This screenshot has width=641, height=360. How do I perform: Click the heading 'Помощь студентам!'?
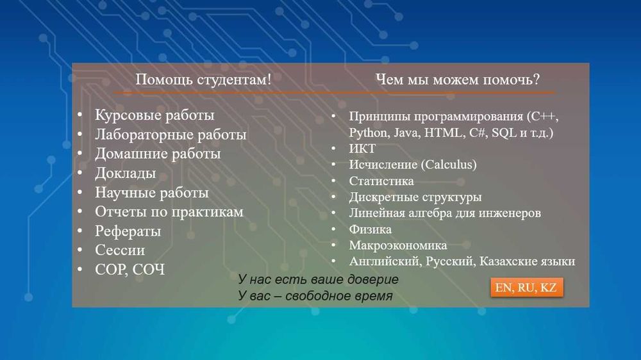tap(203, 80)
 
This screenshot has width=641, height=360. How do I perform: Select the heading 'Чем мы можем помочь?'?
tap(457, 80)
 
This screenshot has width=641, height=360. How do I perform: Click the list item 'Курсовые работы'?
tap(154, 116)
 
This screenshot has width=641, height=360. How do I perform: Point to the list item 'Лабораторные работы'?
tap(171, 135)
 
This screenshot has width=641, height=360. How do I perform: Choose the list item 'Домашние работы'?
tap(158, 154)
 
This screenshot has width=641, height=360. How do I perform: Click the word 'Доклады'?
tap(126, 174)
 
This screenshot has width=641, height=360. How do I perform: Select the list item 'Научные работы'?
tap(152, 193)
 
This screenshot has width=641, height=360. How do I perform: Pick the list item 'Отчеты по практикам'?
tap(169, 212)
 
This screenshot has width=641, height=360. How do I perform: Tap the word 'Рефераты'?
tap(128, 231)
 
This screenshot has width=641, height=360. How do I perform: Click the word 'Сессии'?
tap(120, 250)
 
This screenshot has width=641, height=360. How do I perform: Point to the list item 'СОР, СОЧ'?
tap(130, 270)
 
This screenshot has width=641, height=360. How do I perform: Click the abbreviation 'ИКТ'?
tap(362, 149)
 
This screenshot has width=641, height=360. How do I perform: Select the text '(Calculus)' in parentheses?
tap(448, 165)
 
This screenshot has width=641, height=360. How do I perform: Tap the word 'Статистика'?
tap(381, 181)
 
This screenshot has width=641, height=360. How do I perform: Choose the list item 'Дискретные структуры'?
tap(415, 197)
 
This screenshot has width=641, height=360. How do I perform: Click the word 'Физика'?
tap(370, 229)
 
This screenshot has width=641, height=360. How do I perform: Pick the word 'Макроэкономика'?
tap(398, 245)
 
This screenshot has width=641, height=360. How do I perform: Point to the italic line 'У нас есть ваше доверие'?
tap(318, 280)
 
